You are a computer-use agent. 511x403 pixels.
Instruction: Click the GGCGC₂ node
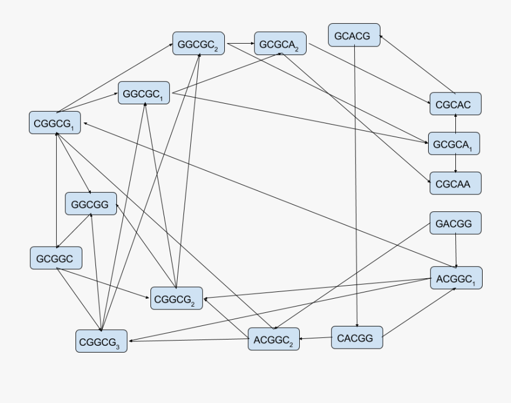[x=198, y=44]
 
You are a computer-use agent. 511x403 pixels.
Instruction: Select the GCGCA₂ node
[x=280, y=44]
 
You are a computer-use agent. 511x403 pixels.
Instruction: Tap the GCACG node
[x=354, y=35]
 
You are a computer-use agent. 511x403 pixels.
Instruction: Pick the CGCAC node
[x=455, y=104]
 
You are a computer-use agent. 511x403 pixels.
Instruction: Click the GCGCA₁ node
[x=454, y=144]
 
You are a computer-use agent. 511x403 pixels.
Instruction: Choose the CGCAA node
[x=455, y=184]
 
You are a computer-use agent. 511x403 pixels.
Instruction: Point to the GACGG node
[x=455, y=223]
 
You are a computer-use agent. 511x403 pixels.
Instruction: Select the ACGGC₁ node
[x=456, y=278]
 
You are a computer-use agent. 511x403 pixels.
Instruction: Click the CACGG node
[x=357, y=338]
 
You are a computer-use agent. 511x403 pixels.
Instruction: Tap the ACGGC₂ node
[x=273, y=340]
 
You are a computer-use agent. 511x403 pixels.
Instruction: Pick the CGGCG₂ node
[x=176, y=298]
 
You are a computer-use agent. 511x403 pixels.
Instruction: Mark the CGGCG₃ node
[x=101, y=341]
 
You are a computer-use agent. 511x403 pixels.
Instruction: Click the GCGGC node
[x=55, y=258]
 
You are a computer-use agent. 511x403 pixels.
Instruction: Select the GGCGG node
[x=91, y=204]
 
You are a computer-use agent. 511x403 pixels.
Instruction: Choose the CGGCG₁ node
[x=55, y=123]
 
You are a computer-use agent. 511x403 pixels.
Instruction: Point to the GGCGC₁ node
[x=144, y=93]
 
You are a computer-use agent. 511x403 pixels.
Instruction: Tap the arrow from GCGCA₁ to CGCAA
[x=455, y=163]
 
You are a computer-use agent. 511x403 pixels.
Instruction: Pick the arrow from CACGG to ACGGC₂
[x=315, y=338]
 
